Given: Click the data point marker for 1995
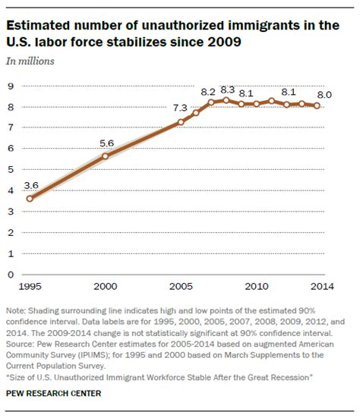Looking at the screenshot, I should [30, 199].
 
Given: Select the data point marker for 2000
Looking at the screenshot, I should [105, 156].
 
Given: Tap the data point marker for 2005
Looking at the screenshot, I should [181, 121].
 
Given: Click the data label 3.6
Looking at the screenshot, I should [30, 184].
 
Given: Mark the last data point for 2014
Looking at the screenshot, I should [317, 105].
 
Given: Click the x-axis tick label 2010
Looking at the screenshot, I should [256, 287].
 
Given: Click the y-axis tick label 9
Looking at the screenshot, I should [11, 86].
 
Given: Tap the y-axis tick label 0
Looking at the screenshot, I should [11, 274].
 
